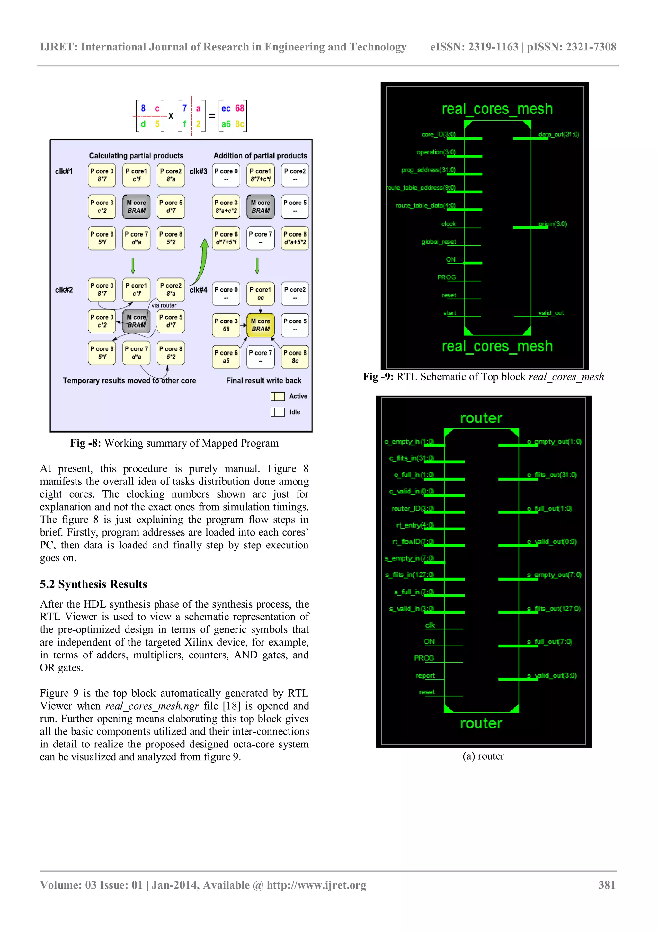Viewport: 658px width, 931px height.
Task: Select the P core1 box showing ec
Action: pos(260,294)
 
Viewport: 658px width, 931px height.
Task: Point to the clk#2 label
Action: pos(64,290)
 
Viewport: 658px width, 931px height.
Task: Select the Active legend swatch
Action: pos(278,396)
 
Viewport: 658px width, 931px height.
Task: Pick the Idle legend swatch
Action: pos(278,412)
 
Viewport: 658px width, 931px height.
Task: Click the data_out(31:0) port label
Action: pos(558,134)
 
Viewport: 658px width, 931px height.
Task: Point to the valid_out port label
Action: pos(551,313)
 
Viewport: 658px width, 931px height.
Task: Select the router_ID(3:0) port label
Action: pos(413,509)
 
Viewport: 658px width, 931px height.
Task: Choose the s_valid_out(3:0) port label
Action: pos(552,675)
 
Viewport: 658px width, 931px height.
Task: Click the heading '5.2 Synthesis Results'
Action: pos(93,584)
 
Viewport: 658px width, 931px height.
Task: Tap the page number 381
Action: pos(607,885)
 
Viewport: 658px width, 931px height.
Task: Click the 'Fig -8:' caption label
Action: pos(85,443)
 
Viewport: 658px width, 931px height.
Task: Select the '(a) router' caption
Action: pos(483,756)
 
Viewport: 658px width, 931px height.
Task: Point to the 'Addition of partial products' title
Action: pos(260,156)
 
